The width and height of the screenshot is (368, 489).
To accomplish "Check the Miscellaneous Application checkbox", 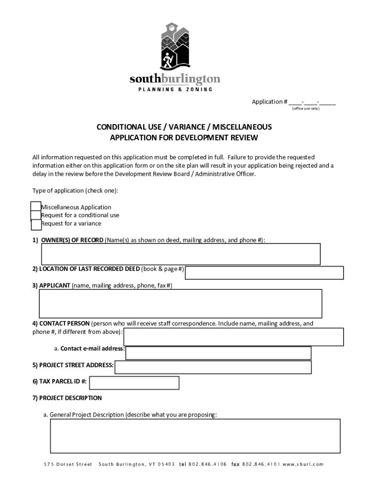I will coord(36,206).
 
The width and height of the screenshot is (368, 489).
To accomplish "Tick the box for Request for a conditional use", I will coord(36,215).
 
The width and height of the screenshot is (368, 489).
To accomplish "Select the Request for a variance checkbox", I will coord(36,223).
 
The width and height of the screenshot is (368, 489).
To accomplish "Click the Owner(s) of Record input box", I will coord(181,254).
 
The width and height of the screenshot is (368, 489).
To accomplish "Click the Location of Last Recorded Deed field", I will coord(264,273).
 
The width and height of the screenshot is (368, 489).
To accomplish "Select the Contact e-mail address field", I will coord(218,353).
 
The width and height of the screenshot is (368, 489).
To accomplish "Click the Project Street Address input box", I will coord(213,367).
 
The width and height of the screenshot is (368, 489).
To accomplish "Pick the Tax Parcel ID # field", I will coord(134,383).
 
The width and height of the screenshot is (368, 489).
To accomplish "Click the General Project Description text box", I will coord(195,436).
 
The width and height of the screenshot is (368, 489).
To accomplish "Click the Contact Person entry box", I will coord(233,337).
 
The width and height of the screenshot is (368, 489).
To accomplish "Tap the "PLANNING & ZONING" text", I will coord(175,89).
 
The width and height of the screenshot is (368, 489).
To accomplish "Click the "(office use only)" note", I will coord(306,108).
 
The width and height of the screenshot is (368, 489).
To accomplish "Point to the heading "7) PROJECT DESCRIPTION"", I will coord(67,398).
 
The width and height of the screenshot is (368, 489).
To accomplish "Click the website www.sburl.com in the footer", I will coord(304,464).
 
